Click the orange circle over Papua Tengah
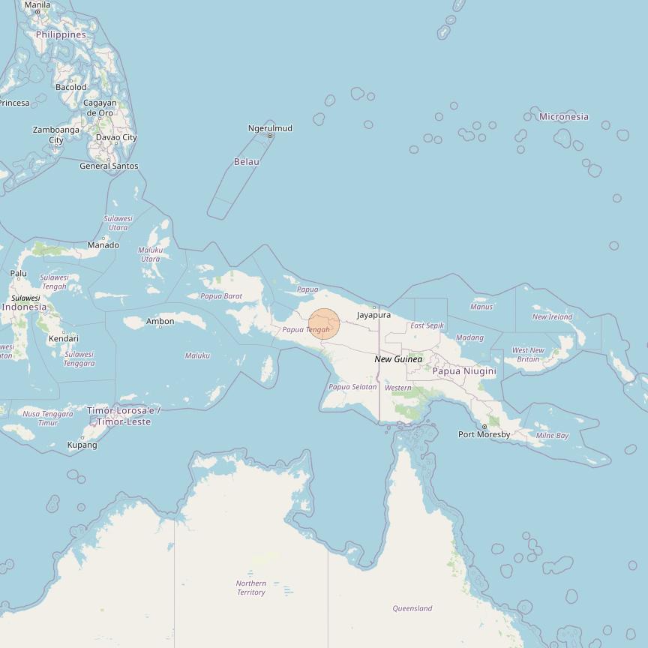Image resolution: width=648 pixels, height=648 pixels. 324,324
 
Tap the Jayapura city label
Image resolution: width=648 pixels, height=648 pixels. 373,315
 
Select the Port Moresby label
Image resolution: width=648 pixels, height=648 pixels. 484,434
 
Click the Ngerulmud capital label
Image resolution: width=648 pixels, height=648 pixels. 270,128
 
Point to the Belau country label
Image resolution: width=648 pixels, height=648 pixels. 247,162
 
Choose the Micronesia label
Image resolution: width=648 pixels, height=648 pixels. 564,116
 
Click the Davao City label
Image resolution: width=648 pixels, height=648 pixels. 116,137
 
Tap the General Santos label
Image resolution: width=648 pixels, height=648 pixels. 109,166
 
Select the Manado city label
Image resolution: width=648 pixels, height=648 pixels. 103,245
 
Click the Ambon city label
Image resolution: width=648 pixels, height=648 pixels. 160,322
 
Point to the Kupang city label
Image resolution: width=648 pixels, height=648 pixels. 82,445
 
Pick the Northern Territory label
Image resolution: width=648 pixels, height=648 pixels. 251,588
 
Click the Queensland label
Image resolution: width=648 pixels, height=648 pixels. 412,608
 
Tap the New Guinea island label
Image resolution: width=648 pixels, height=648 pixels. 398,359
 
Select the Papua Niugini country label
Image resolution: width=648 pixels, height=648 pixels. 464,371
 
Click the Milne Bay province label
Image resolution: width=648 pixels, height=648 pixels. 552,436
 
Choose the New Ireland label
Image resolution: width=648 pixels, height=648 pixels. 552,317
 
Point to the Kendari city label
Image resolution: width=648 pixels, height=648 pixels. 64,339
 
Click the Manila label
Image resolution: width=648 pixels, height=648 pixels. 37,5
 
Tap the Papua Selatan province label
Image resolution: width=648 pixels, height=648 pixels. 352,387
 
